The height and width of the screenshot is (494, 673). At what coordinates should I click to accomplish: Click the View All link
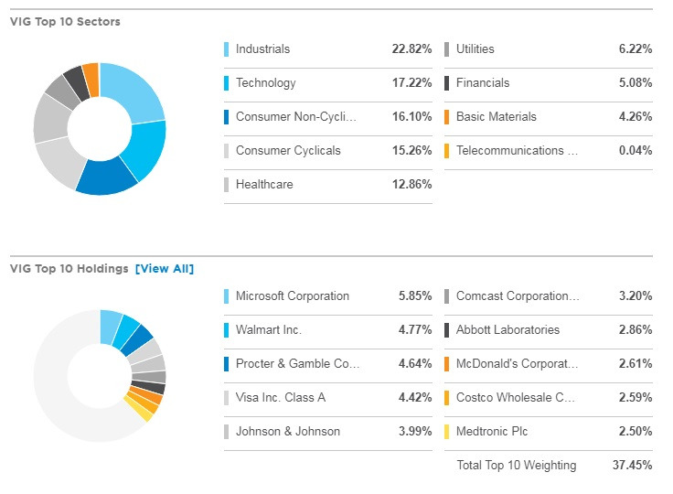point(165,268)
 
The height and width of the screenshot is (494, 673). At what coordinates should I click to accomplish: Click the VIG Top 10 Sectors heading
point(63,21)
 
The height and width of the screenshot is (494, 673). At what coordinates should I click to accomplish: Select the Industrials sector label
point(262,49)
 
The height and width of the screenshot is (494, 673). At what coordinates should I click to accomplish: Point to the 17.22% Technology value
point(411,83)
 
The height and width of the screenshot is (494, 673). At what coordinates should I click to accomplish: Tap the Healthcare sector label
point(264,185)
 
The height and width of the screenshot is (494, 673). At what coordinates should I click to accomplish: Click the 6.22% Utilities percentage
point(635,49)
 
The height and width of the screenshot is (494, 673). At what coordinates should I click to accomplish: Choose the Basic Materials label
point(497,117)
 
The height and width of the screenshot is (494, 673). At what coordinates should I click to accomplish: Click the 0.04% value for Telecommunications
point(635,151)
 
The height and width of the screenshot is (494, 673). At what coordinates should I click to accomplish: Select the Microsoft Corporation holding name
point(293,296)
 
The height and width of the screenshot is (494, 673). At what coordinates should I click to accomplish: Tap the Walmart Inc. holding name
point(269,330)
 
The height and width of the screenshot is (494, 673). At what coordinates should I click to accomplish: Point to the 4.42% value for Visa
point(414,398)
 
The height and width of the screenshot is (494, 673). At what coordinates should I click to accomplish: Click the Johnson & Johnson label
point(288,432)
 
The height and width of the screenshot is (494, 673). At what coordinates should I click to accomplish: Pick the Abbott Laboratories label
point(507,330)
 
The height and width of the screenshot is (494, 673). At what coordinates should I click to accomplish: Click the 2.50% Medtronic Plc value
point(635,432)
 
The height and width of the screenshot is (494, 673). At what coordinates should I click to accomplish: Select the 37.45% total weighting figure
point(632,466)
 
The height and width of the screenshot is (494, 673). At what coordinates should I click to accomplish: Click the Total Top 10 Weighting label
point(516,466)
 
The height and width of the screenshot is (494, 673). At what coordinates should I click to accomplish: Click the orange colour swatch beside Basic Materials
point(446,117)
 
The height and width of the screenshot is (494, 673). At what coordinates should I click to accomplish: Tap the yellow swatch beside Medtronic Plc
point(446,432)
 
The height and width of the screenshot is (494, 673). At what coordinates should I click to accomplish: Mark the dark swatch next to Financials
point(446,83)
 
